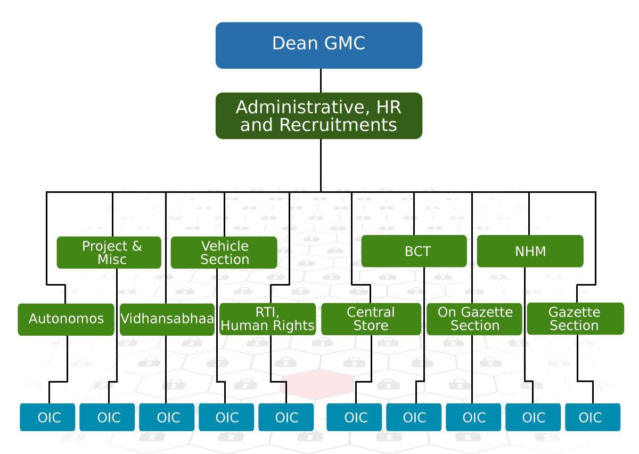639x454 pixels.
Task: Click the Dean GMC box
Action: pyautogui.click(x=318, y=45)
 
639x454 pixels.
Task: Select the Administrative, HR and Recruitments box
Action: pyautogui.click(x=318, y=116)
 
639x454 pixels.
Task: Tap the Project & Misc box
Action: pyautogui.click(x=109, y=253)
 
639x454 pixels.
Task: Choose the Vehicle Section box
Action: pyautogui.click(x=224, y=253)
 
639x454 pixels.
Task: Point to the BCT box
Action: pyautogui.click(x=414, y=251)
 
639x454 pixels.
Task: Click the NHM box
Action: pyautogui.click(x=530, y=251)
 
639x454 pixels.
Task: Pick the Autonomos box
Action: pyautogui.click(x=66, y=319)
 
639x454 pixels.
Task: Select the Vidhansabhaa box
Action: pyautogui.click(x=167, y=319)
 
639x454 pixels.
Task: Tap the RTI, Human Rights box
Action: pyautogui.click(x=267, y=319)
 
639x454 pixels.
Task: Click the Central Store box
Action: pyautogui.click(x=371, y=319)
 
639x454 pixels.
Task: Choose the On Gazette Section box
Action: pyautogui.click(x=474, y=319)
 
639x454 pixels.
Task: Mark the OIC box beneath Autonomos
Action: pyautogui.click(x=47, y=417)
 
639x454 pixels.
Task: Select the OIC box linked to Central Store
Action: pyautogui.click(x=354, y=417)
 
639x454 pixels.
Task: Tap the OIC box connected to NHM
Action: pyautogui.click(x=533, y=417)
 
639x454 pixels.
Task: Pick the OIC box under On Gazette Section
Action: pyautogui.click(x=473, y=417)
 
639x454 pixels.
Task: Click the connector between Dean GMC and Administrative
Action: pyautogui.click(x=321, y=80)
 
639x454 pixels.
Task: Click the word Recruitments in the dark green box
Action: pyautogui.click(x=338, y=125)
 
